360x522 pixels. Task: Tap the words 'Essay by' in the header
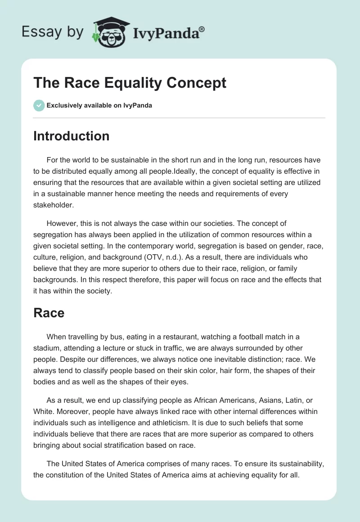pos(54,32)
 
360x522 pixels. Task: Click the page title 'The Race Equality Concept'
pos(130,83)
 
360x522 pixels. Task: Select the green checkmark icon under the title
pos(39,106)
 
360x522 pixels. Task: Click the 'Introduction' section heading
pos(71,136)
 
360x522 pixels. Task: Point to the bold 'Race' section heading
pos(49,313)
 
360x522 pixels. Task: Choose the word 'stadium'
pos(45,348)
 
